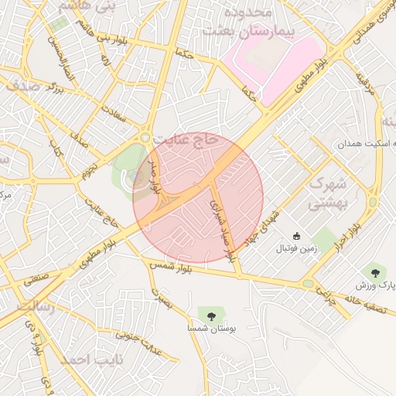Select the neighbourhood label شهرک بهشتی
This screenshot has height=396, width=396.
[x=326, y=194]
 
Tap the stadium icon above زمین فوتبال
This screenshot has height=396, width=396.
[x=295, y=236]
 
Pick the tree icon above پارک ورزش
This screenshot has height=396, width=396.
[x=376, y=271]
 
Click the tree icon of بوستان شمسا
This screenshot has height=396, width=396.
[x=211, y=313]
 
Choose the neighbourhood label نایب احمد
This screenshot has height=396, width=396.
[x=81, y=360]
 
